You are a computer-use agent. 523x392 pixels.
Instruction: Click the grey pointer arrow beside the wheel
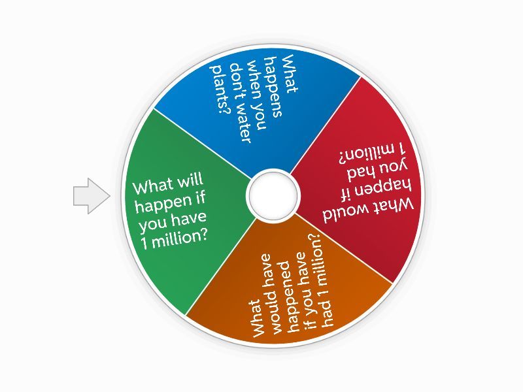coord(91,196)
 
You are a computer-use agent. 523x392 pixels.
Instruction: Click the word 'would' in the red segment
coord(345,216)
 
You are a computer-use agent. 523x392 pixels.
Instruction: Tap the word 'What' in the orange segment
coord(259,318)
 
